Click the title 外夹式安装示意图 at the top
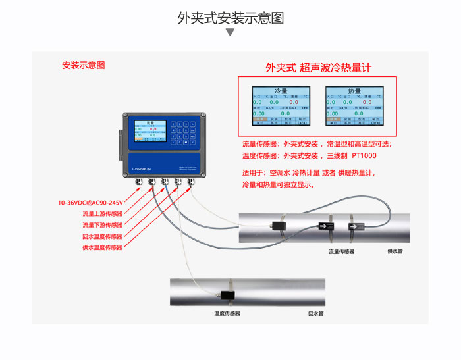(x=230, y=18)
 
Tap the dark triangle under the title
(x=230, y=32)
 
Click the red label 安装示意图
(x=83, y=66)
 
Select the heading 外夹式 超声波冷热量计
(x=319, y=67)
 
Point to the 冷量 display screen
(x=280, y=105)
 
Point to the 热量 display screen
(x=354, y=105)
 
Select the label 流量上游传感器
(x=102, y=214)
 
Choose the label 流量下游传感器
(x=102, y=225)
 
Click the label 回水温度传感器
(x=102, y=236)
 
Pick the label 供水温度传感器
(x=102, y=247)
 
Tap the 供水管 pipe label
(x=395, y=251)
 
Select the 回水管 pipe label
(x=316, y=314)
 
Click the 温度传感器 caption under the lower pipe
(x=227, y=314)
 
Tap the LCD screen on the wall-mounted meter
(x=149, y=131)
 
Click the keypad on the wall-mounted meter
(x=182, y=131)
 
